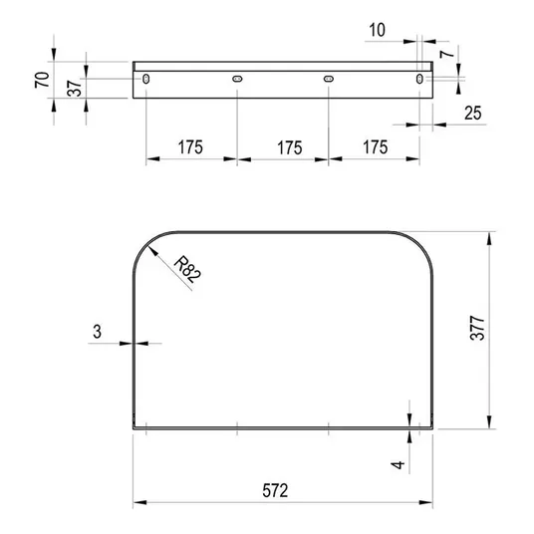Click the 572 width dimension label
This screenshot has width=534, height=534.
(275, 490)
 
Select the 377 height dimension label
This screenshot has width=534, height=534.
(477, 328)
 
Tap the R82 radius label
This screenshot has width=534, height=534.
(187, 269)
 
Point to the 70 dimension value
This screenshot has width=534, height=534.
(42, 80)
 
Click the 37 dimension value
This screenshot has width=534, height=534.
(75, 89)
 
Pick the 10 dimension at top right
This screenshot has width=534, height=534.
(378, 30)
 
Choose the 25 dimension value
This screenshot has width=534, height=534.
(473, 113)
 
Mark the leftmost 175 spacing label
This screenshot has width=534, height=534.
(190, 147)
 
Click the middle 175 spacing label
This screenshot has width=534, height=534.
(290, 147)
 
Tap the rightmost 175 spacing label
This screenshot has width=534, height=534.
(376, 147)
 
